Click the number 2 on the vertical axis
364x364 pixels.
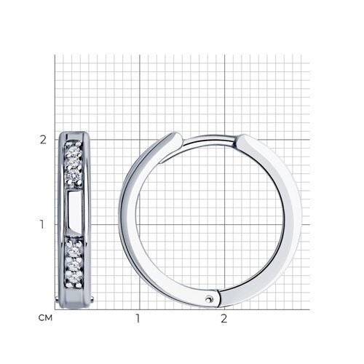coord(43,140)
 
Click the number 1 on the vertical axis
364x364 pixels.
coord(42,224)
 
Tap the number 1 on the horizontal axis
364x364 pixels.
coord(138,318)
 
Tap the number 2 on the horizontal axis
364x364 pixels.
coord(224,318)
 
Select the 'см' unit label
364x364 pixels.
coord(45,317)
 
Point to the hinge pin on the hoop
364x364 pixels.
coord(208,299)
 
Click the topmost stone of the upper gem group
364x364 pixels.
coord(74,153)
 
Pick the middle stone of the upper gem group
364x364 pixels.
coord(74,163)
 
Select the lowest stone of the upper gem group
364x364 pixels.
coord(74,174)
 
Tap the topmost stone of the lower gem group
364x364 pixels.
coord(74,251)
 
